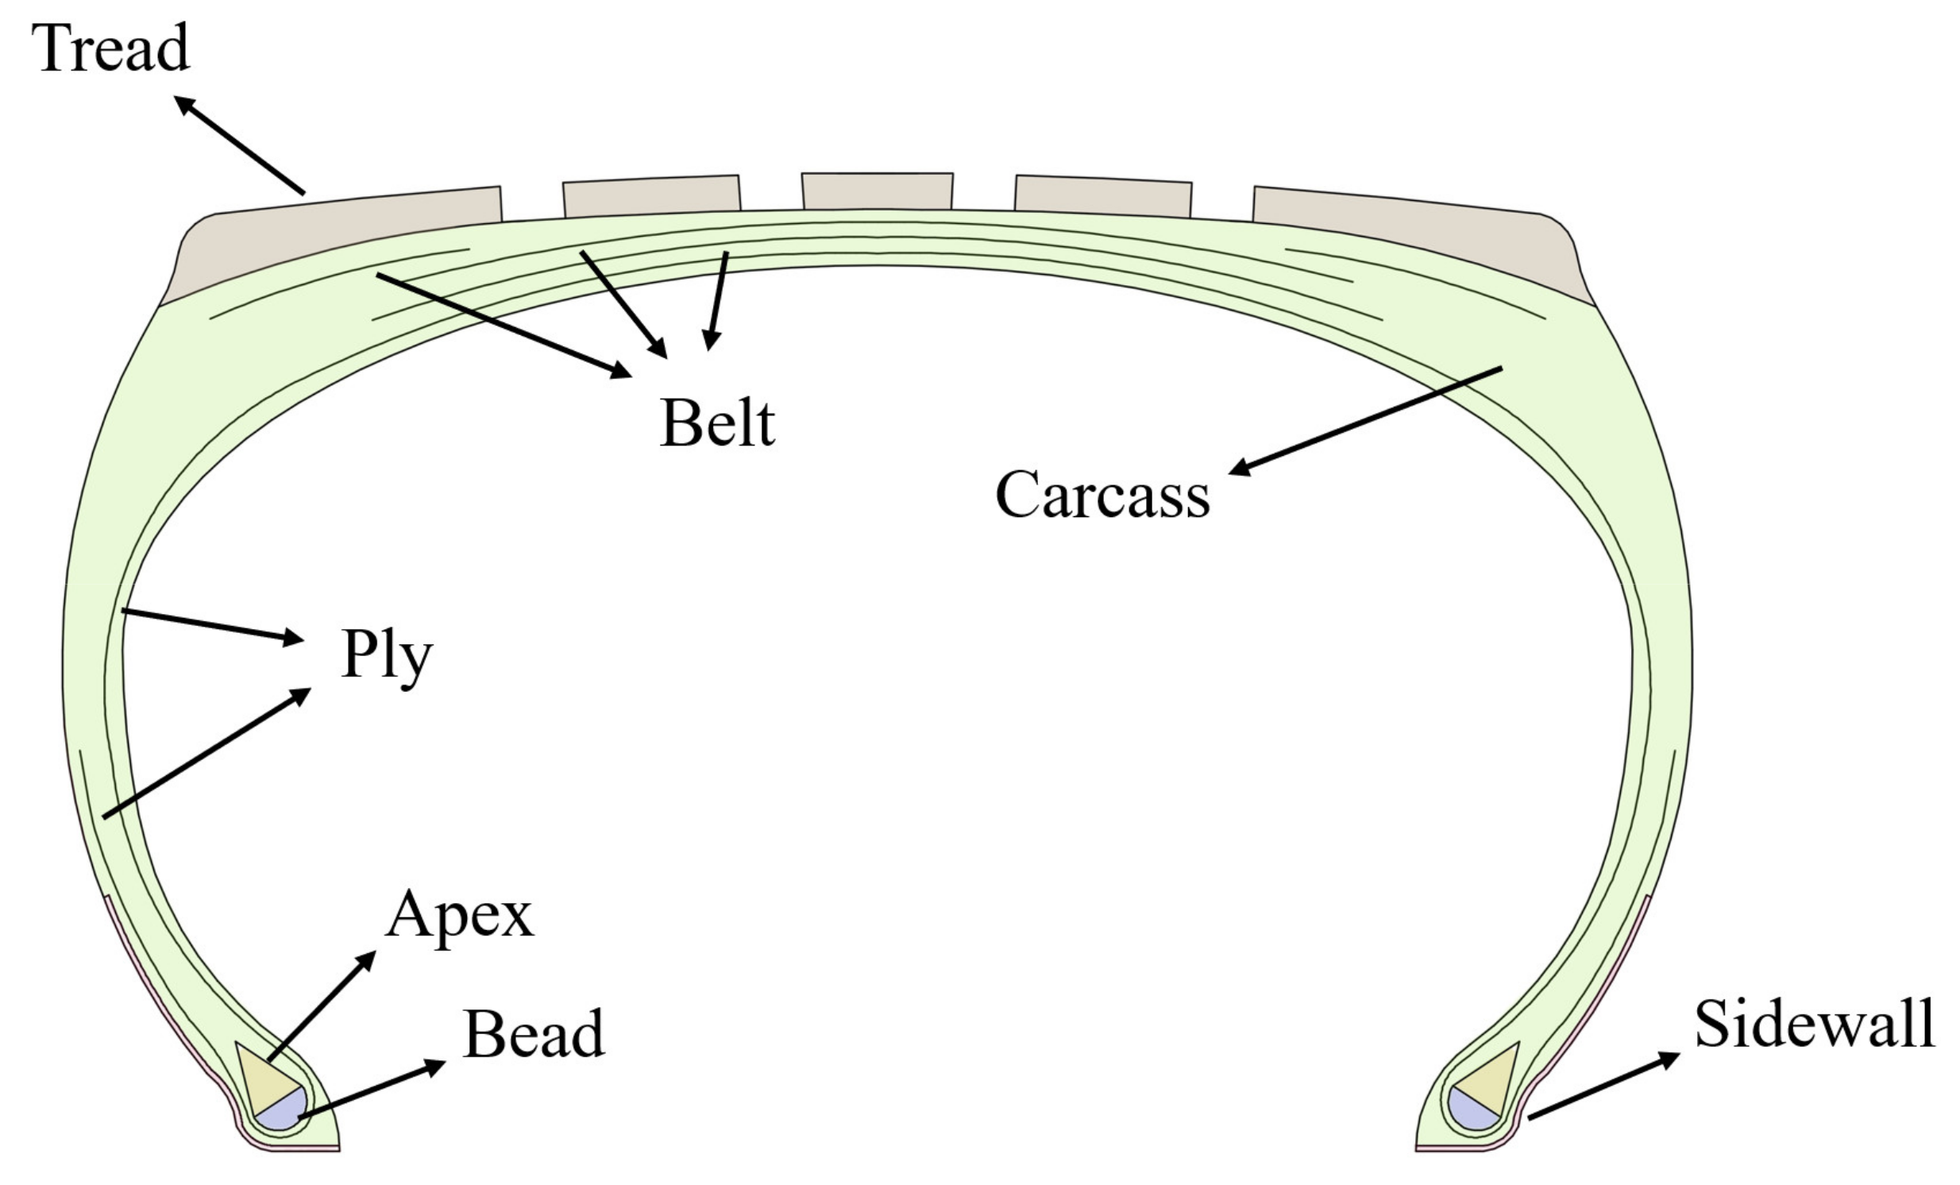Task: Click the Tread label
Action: pyautogui.click(x=110, y=48)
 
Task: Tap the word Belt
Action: pyautogui.click(x=716, y=423)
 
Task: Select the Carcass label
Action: pyautogui.click(x=1102, y=495)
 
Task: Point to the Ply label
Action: pyautogui.click(x=387, y=655)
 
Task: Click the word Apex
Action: pyautogui.click(x=459, y=915)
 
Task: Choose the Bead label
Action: pyautogui.click(x=534, y=1034)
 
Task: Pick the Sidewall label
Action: pyautogui.click(x=1815, y=1025)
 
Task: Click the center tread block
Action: pyautogui.click(x=877, y=191)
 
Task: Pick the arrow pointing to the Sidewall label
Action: pyautogui.click(x=1603, y=1087)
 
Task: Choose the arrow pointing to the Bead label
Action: pyautogui.click(x=371, y=1090)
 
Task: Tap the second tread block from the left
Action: pyautogui.click(x=651, y=195)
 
